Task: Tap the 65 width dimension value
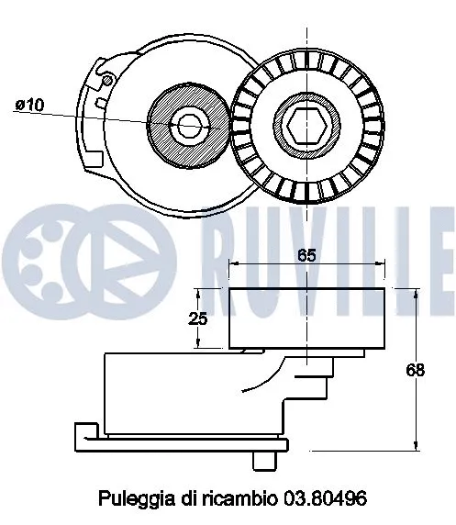coord(306,256)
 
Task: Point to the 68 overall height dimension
coord(415,370)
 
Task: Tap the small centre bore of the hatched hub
coord(190,124)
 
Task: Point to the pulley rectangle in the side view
coord(306,317)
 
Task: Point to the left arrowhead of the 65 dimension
coord(233,264)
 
